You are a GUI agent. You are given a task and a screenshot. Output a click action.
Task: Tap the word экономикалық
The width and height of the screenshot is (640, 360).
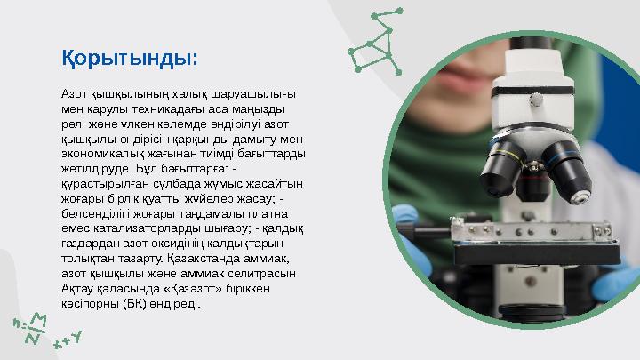(100, 153)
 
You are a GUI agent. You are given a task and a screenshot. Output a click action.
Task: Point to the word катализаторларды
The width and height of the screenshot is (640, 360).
(138, 228)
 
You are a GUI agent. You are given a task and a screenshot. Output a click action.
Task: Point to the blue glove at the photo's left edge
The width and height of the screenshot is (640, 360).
(411, 229)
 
